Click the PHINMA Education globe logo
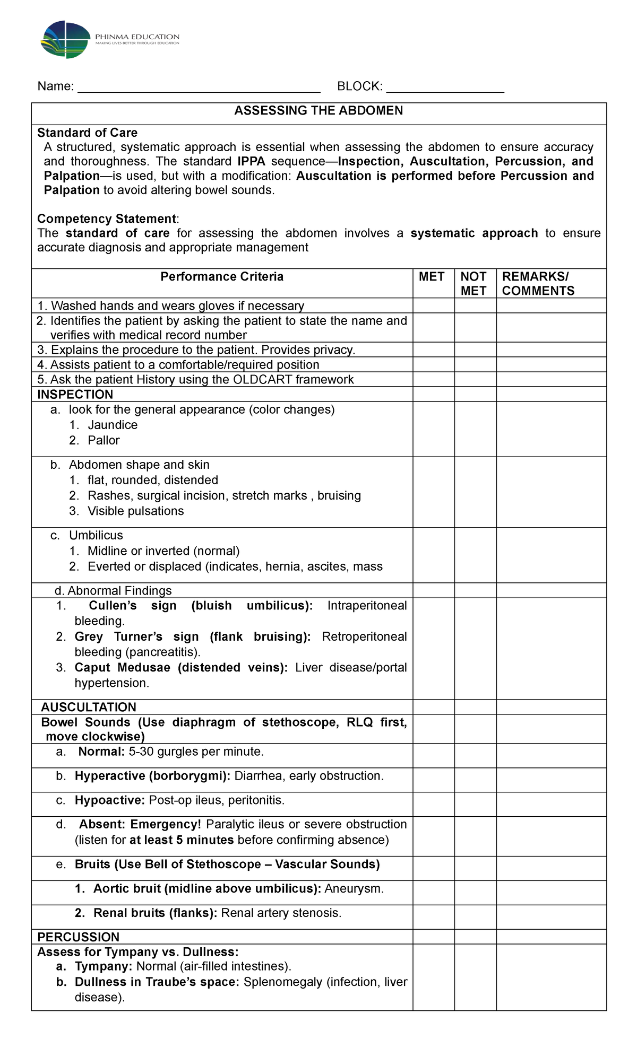tap(65, 40)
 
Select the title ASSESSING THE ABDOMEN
tap(318, 111)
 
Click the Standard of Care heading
tap(87, 133)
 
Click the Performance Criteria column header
tap(222, 277)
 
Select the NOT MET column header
tap(474, 284)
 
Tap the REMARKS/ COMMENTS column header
tap(538, 284)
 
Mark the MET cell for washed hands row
tap(433, 305)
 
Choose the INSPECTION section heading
tap(75, 395)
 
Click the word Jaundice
tap(113, 425)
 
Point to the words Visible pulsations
tap(135, 511)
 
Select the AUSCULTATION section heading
tap(89, 708)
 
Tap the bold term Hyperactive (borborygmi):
tap(152, 776)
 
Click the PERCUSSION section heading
tap(78, 937)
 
